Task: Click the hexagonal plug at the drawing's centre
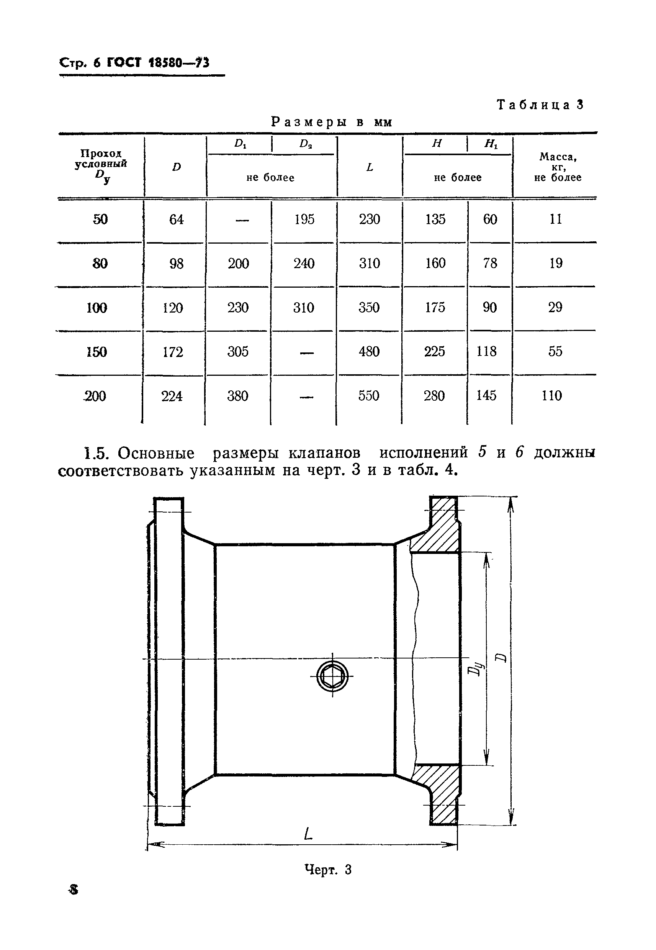[332, 676]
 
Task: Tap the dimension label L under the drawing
[308, 834]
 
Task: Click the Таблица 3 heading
[540, 105]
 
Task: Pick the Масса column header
[557, 167]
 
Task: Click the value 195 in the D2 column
[304, 219]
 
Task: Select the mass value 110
[551, 396]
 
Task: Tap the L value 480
[369, 352]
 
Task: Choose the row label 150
[97, 352]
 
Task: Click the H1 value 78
[490, 264]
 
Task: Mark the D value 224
[172, 396]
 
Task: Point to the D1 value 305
[238, 352]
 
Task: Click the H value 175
[435, 308]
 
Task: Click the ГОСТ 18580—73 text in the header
[158, 62]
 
